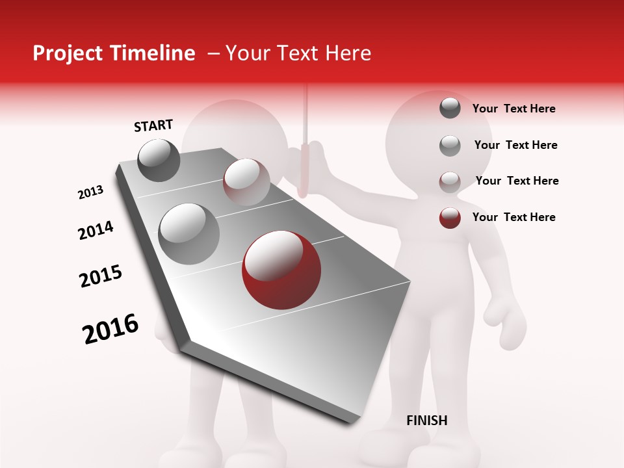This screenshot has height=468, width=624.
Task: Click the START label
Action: [x=153, y=125]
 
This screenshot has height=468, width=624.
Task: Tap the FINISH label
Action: [x=426, y=421]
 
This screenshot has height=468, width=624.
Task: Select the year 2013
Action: [x=91, y=192]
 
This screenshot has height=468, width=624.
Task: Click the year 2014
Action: [x=96, y=231]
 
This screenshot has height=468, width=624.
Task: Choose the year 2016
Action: [x=110, y=329]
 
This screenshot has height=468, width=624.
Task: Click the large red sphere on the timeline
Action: [x=281, y=270]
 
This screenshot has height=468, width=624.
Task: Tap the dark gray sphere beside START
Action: [x=159, y=160]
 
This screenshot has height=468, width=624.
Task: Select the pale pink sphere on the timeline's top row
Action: [x=246, y=182]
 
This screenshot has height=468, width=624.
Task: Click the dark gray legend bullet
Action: [x=450, y=109]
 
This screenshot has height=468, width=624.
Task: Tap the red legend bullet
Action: [x=450, y=218]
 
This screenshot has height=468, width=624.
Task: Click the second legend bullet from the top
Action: [x=450, y=146]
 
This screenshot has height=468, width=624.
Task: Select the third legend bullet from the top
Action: [x=450, y=181]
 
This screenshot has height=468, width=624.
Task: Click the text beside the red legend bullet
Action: [x=513, y=217]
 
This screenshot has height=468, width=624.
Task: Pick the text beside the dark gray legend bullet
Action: [x=513, y=109]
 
